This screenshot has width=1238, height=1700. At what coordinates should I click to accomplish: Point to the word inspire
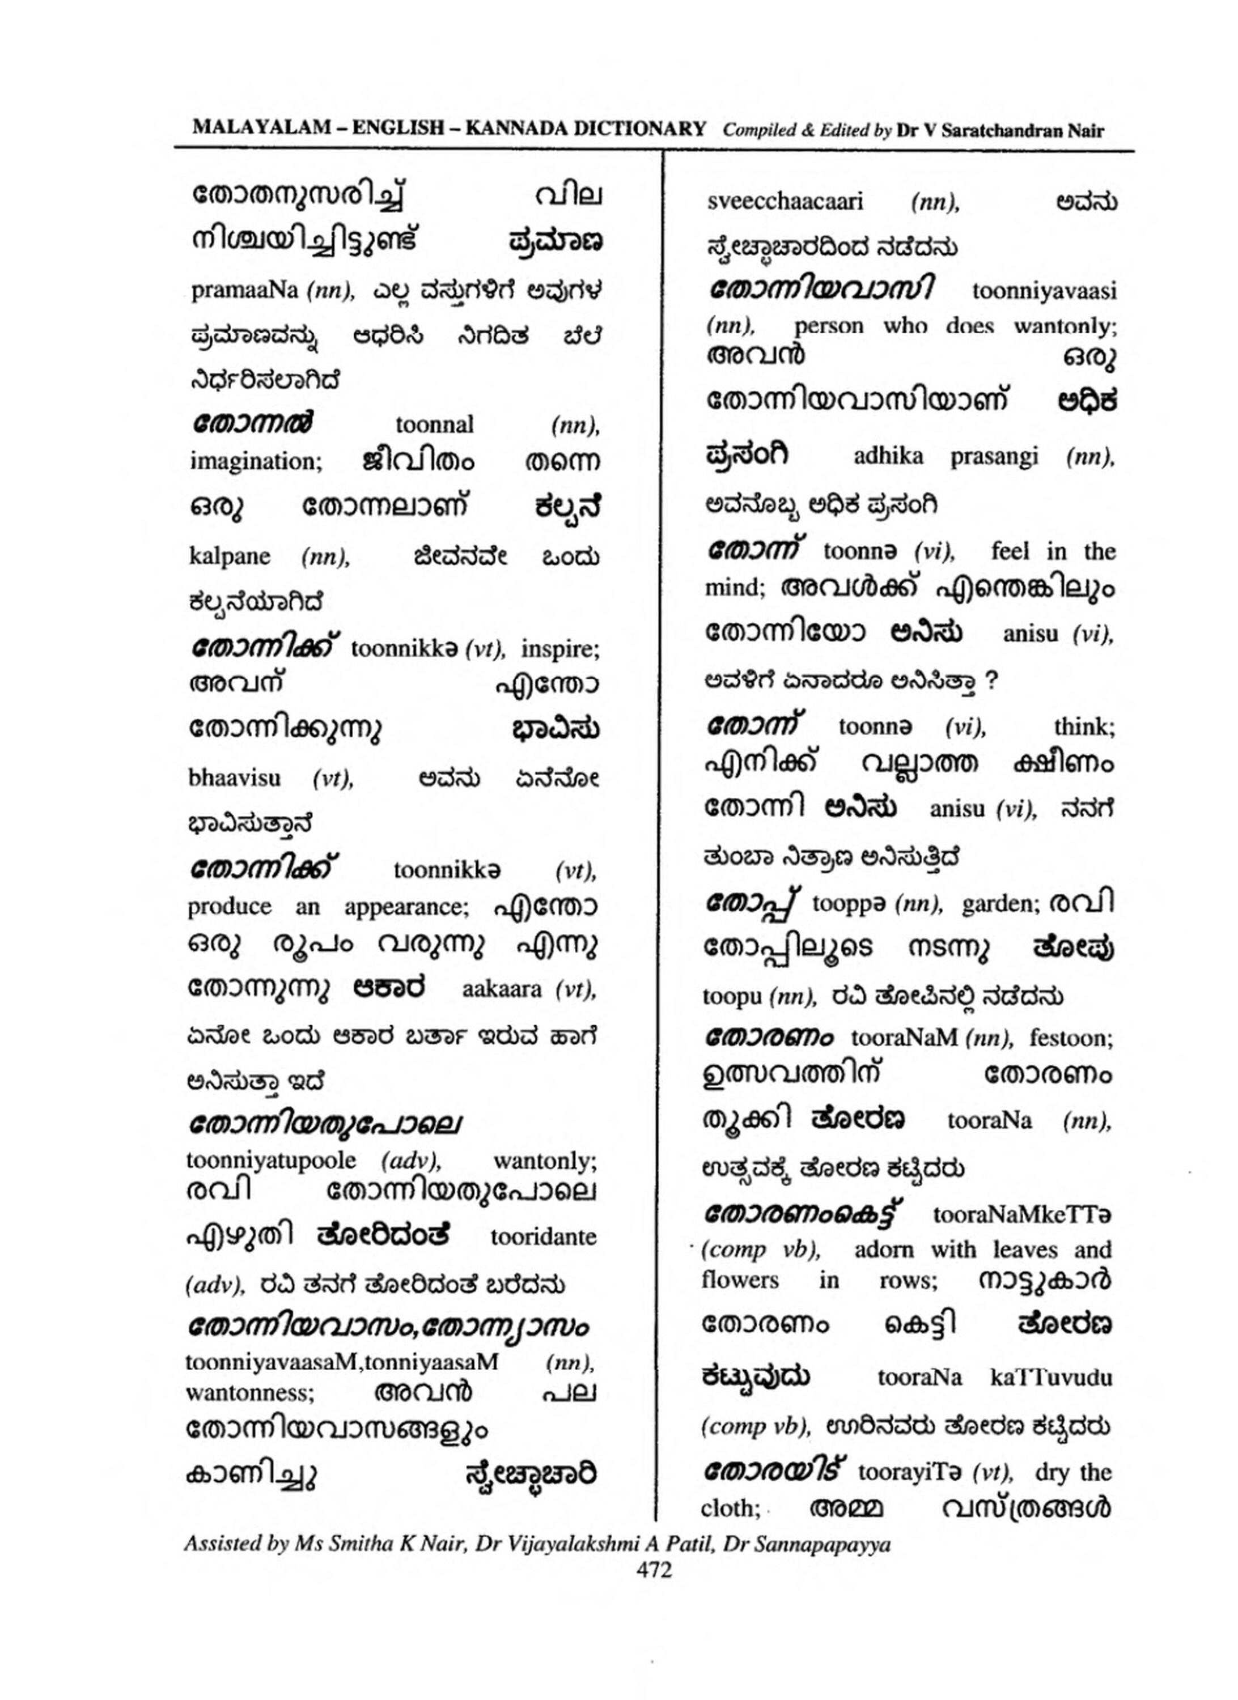[x=560, y=649]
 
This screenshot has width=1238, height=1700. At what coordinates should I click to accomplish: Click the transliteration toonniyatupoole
[x=271, y=1161]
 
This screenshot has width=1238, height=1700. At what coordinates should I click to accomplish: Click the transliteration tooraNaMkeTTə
[x=1022, y=1214]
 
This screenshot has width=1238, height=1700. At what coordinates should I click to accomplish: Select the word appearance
[x=406, y=907]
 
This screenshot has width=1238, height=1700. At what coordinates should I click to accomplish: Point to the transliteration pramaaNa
[x=244, y=290]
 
